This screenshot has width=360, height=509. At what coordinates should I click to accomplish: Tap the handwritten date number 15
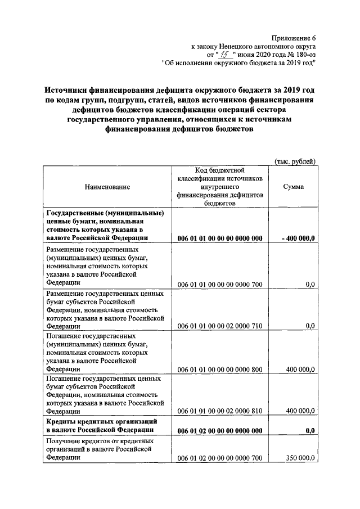pyautogui.click(x=226, y=55)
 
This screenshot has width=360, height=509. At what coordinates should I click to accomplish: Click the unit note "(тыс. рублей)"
pyautogui.click(x=295, y=161)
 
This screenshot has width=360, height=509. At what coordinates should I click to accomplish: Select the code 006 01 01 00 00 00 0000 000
pyautogui.click(x=220, y=238)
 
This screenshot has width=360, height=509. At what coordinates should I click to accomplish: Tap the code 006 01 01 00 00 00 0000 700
pyautogui.click(x=220, y=285)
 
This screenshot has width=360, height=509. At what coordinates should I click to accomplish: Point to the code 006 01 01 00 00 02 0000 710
pyautogui.click(x=220, y=326)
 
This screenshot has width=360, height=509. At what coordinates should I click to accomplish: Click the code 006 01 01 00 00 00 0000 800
pyautogui.click(x=220, y=369)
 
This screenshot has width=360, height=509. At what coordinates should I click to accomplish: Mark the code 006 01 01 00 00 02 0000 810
pyautogui.click(x=220, y=411)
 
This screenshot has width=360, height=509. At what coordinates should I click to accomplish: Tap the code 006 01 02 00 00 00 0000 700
pyautogui.click(x=220, y=458)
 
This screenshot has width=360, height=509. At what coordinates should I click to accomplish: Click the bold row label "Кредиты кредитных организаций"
pyautogui.click(x=101, y=421)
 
